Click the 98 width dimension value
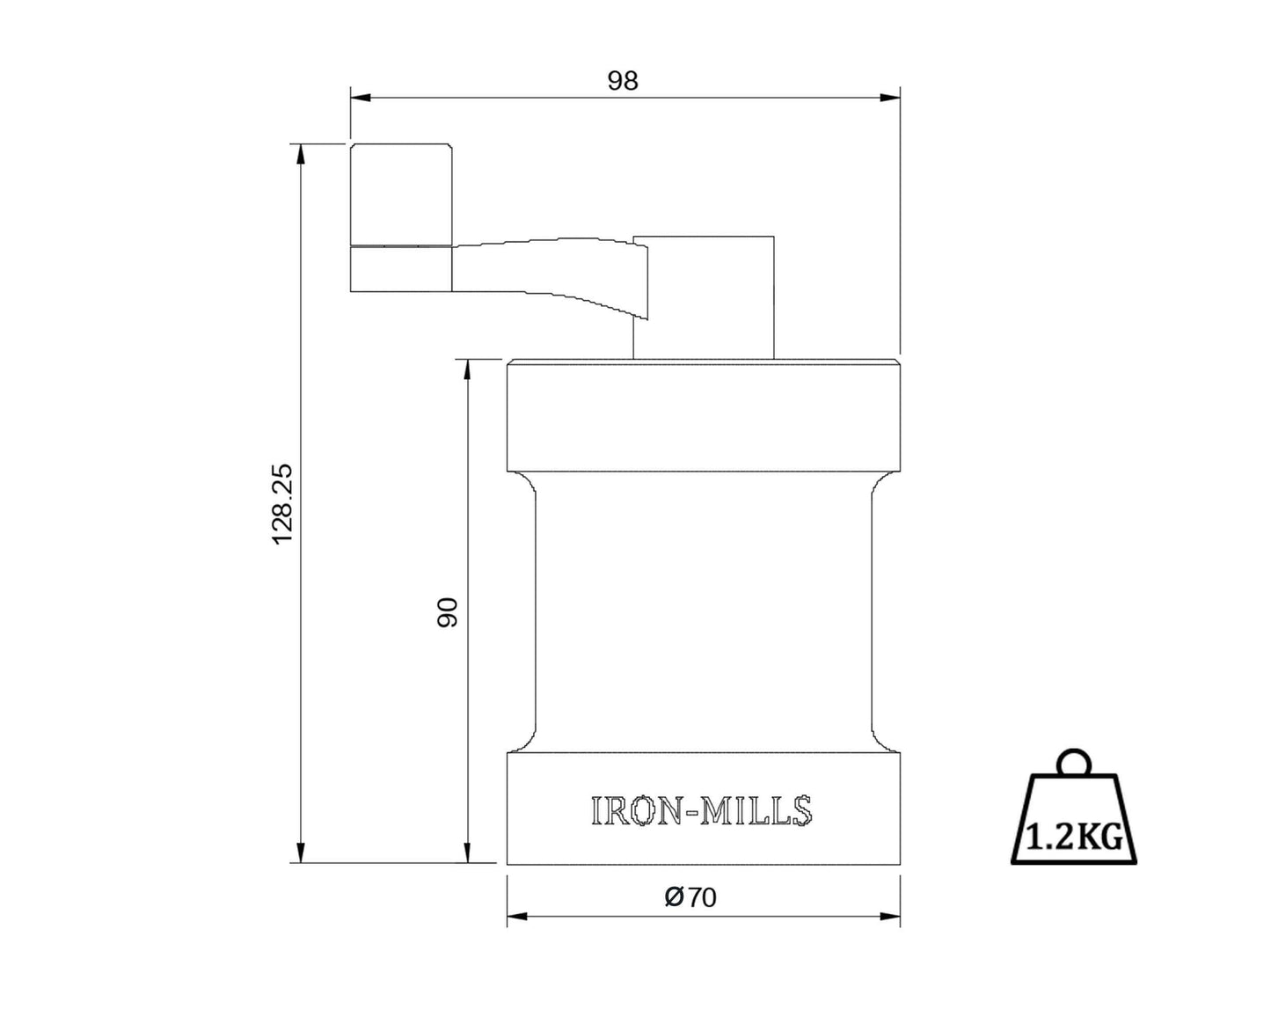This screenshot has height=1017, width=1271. point(623,81)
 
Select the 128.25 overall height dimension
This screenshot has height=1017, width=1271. point(282,503)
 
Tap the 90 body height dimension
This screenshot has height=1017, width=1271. point(448,612)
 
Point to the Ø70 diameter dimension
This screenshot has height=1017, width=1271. point(691,897)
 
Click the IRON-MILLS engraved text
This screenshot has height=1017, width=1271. point(702,811)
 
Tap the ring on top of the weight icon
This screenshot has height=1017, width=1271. point(1073,761)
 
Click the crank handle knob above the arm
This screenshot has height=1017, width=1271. point(401,193)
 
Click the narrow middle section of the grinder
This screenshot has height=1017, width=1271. point(703,611)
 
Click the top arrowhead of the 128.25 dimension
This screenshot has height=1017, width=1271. point(302,154)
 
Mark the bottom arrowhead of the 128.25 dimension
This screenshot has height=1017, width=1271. point(302,852)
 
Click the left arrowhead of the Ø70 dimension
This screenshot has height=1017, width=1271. point(517,917)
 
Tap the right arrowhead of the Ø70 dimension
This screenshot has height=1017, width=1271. point(890,917)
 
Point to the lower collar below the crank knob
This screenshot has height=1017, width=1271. point(401,268)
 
